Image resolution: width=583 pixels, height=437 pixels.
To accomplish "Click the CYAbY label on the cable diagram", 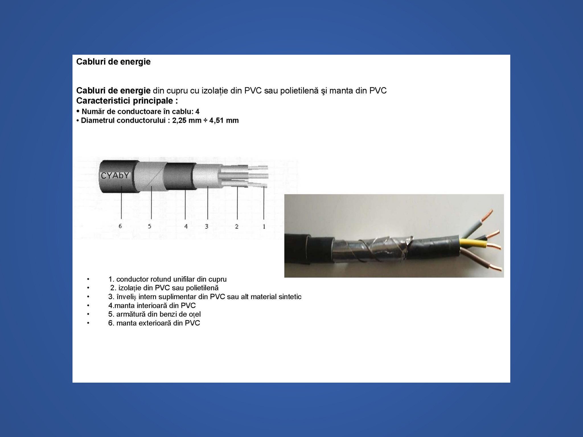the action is pos(115,176).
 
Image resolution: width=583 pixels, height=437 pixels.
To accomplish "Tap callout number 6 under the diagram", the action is pos(120,226).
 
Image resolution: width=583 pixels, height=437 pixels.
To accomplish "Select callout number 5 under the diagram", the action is pos(149,226).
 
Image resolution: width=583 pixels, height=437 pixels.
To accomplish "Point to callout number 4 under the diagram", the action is pos(186,226).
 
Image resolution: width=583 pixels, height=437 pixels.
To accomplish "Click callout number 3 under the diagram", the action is pos(207,226).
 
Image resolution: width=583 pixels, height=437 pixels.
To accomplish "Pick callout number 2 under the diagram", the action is pos(237,226).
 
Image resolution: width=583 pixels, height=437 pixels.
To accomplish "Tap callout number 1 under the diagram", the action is pos(264,226).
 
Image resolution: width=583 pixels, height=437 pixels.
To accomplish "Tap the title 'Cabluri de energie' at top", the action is pos(113,62).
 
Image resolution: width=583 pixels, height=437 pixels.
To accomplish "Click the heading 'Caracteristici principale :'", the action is pos(127,101).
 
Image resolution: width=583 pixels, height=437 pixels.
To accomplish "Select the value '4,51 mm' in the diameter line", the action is pos(224,120).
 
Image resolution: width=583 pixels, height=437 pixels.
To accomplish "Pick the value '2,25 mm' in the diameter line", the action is pos(187,120).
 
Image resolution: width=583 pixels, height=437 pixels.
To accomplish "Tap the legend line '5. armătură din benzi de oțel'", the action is pos(155,314).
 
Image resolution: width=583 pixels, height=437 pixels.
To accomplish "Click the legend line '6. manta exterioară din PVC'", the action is pos(154,323).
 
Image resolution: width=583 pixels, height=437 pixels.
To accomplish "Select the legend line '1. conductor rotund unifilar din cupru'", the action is pos(167,279).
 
